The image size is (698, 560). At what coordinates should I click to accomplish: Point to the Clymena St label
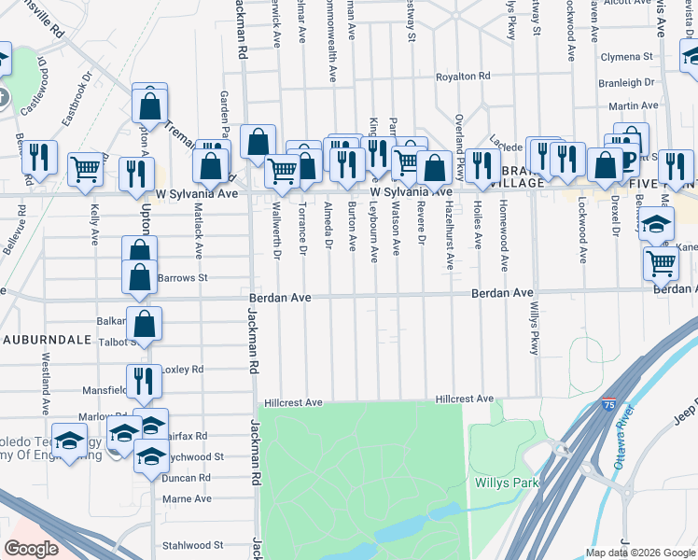click(628, 57)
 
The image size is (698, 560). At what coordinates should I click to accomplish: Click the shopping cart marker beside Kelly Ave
click(85, 169)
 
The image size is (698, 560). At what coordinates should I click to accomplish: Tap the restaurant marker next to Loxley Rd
click(143, 379)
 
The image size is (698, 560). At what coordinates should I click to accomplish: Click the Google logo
click(33, 549)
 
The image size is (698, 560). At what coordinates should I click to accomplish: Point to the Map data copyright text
click(640, 552)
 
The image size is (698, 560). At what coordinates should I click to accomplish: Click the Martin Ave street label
click(640, 106)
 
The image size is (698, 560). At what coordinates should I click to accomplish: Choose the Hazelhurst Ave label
click(449, 236)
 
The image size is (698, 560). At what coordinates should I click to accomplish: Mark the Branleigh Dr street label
click(627, 83)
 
